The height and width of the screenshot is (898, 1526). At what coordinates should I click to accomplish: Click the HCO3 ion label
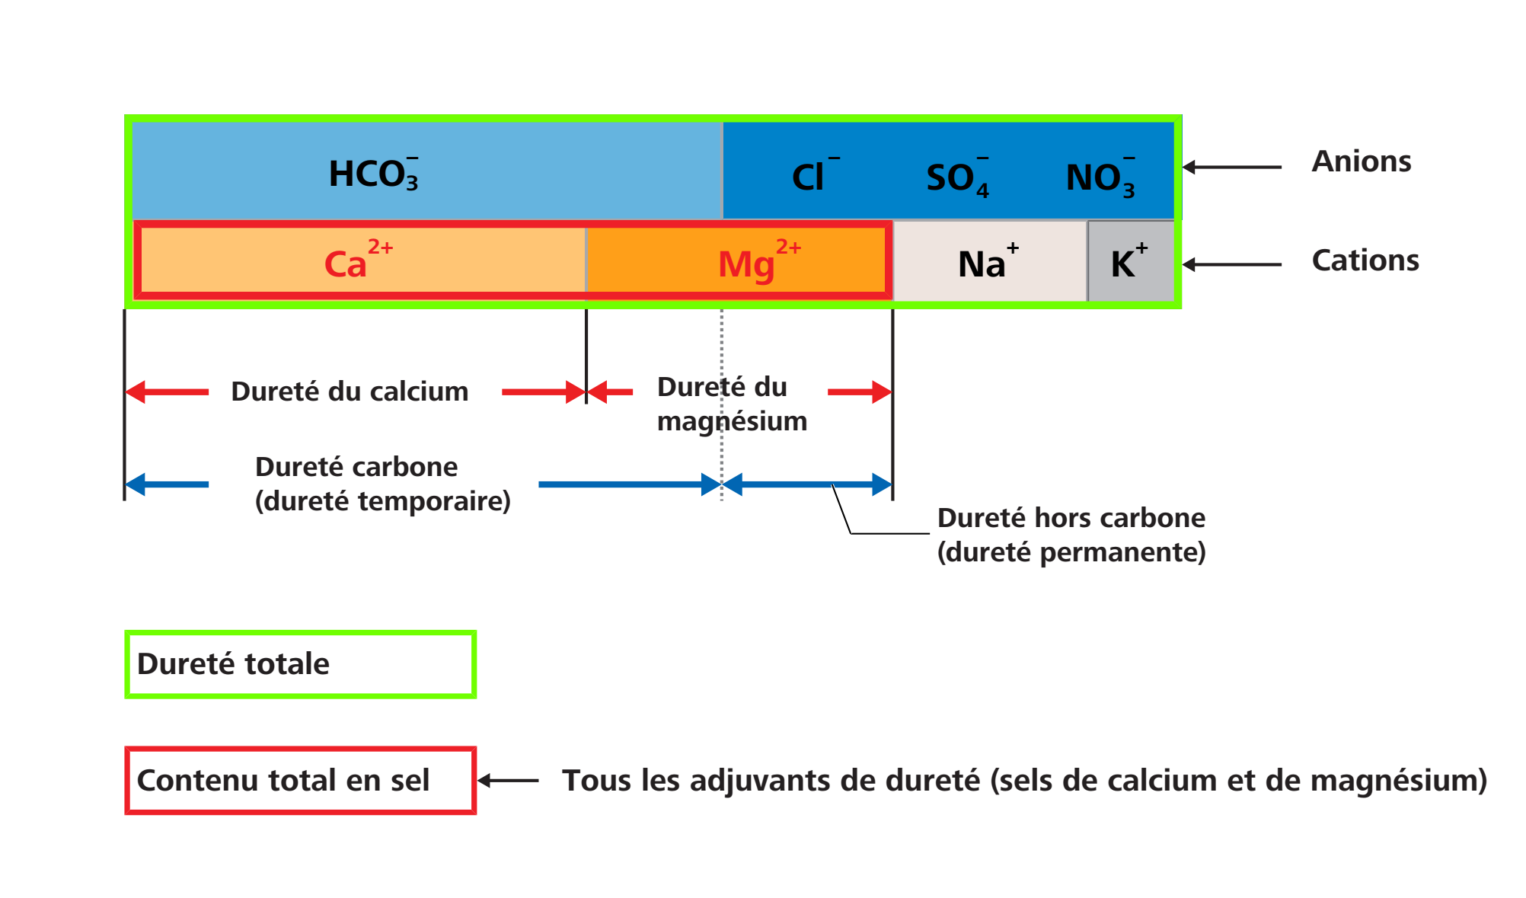373,174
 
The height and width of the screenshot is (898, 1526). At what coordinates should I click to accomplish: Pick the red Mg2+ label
759,261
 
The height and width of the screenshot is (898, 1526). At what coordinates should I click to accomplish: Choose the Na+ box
989,261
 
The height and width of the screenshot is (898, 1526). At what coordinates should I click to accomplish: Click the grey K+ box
1131,261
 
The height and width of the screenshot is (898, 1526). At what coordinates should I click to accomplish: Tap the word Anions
1362,161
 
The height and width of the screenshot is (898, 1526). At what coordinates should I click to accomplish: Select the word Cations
1365,260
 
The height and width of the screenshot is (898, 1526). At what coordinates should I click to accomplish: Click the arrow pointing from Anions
1232,167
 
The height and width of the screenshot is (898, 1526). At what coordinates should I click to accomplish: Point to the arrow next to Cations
1232,264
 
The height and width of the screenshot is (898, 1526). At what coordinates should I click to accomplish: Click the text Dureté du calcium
350,391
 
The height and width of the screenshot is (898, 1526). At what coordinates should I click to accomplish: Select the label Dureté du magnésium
732,404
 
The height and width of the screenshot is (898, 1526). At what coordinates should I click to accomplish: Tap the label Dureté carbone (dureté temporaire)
382,484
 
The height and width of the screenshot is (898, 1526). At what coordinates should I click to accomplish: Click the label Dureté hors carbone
1071,518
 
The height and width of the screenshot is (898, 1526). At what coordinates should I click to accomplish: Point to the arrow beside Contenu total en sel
508,781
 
